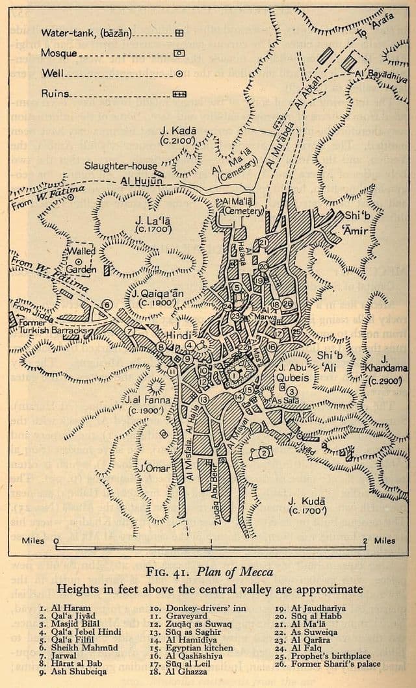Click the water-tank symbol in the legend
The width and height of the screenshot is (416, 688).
click(179, 32)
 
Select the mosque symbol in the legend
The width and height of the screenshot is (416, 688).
click(179, 53)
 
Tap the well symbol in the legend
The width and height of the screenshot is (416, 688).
click(179, 73)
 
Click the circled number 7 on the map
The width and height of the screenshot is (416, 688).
click(130, 331)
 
